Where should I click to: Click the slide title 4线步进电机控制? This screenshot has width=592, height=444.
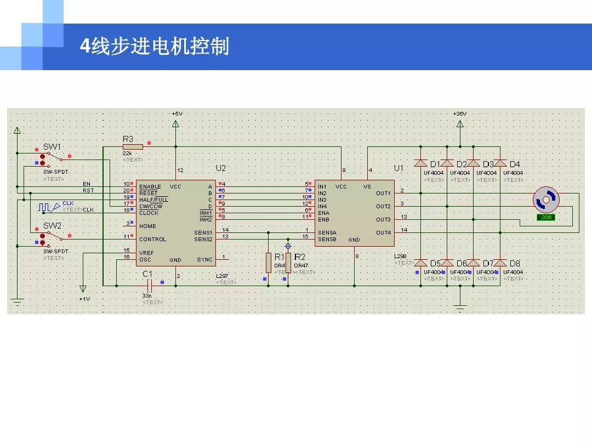tap(154, 47)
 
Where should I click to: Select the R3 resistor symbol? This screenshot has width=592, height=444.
tap(133, 146)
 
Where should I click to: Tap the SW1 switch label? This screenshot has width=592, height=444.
tap(52, 146)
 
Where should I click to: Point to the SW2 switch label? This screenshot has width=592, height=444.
tap(52, 225)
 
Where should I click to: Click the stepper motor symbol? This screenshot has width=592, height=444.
tap(547, 200)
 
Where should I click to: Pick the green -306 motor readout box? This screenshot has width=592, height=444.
tap(546, 217)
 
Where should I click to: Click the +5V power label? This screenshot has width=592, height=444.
tap(177, 113)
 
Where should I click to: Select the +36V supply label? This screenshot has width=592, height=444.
tap(459, 113)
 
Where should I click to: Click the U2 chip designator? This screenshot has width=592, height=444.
tap(220, 168)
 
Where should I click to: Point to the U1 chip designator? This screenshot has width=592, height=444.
tap(399, 168)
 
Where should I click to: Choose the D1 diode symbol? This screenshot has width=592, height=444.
tap(420, 163)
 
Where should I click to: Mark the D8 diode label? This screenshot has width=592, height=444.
tap(515, 263)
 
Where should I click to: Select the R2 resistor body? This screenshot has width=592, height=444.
tap(288, 263)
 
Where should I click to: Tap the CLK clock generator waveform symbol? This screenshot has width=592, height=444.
tap(44, 207)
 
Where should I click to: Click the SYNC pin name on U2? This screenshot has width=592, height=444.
tap(204, 260)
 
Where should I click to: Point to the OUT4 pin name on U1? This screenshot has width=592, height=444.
tap(383, 233)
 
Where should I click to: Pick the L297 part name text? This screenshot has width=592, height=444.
tap(222, 276)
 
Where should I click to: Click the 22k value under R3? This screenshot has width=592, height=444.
tap(127, 153)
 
